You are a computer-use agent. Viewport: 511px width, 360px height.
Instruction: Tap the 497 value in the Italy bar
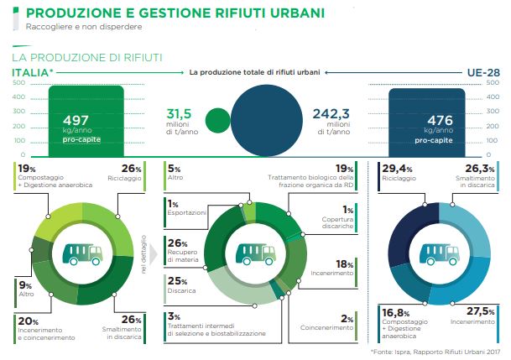(x=75, y=120)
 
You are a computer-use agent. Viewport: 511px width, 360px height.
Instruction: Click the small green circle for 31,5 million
(x=216, y=119)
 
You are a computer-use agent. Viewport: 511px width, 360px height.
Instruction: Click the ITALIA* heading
(x=32, y=73)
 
